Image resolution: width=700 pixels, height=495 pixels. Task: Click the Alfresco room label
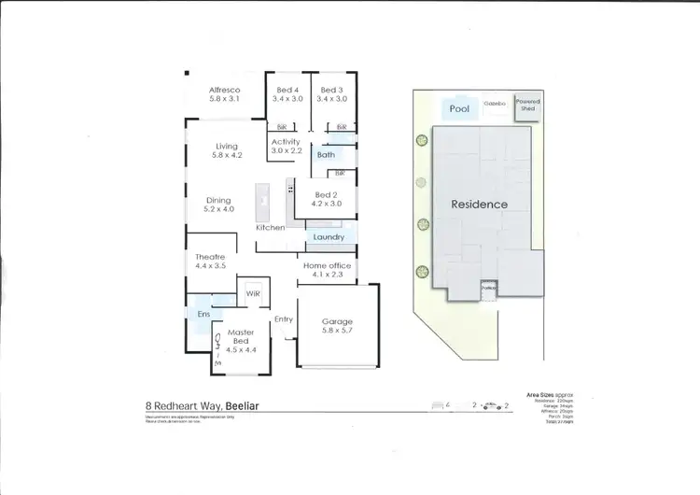[x=225, y=90]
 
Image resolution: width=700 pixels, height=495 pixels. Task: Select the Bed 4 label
[x=287, y=90]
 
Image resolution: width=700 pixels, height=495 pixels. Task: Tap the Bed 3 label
[x=330, y=90]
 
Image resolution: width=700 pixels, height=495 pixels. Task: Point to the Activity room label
[x=286, y=142]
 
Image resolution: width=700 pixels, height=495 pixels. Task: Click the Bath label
[x=326, y=155]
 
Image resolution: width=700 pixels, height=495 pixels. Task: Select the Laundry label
[x=329, y=237]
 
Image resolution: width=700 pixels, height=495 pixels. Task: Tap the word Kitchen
[x=271, y=228]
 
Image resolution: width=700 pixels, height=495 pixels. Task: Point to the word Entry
[x=284, y=320]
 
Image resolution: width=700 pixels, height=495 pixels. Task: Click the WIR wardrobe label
[x=252, y=293]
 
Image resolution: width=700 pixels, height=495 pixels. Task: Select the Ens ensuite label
[x=203, y=315]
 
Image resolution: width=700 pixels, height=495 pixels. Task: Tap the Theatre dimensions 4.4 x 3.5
[x=212, y=266]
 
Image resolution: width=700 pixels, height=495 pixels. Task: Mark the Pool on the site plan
[x=458, y=108]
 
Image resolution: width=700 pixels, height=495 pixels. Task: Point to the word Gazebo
[x=494, y=105]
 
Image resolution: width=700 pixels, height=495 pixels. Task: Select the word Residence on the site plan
[x=479, y=204]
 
